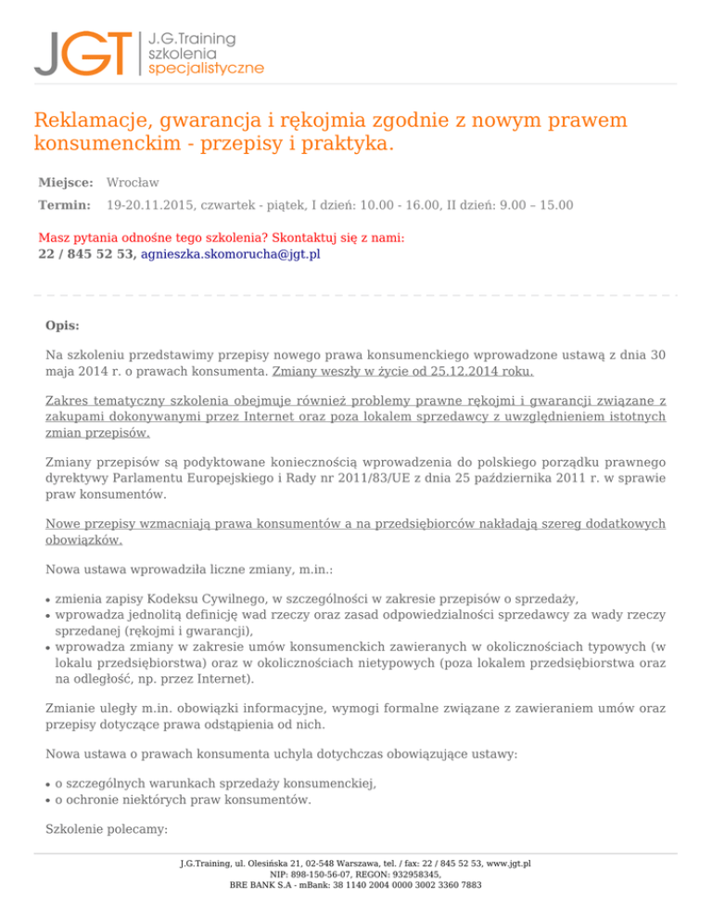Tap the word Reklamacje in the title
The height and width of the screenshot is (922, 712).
pyautogui.click(x=92, y=121)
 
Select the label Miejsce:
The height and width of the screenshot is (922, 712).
pyautogui.click(x=65, y=183)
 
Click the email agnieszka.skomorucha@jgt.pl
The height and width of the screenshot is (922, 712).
pyautogui.click(x=230, y=253)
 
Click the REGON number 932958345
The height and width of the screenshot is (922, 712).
pyautogui.click(x=411, y=874)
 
